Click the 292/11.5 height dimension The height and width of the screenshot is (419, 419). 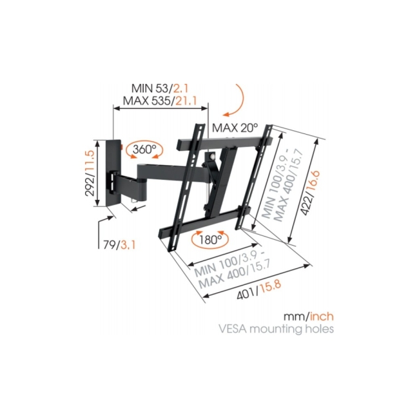91,173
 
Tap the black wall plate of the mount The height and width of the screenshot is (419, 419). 115,173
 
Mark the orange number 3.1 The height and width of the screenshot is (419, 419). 128,245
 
